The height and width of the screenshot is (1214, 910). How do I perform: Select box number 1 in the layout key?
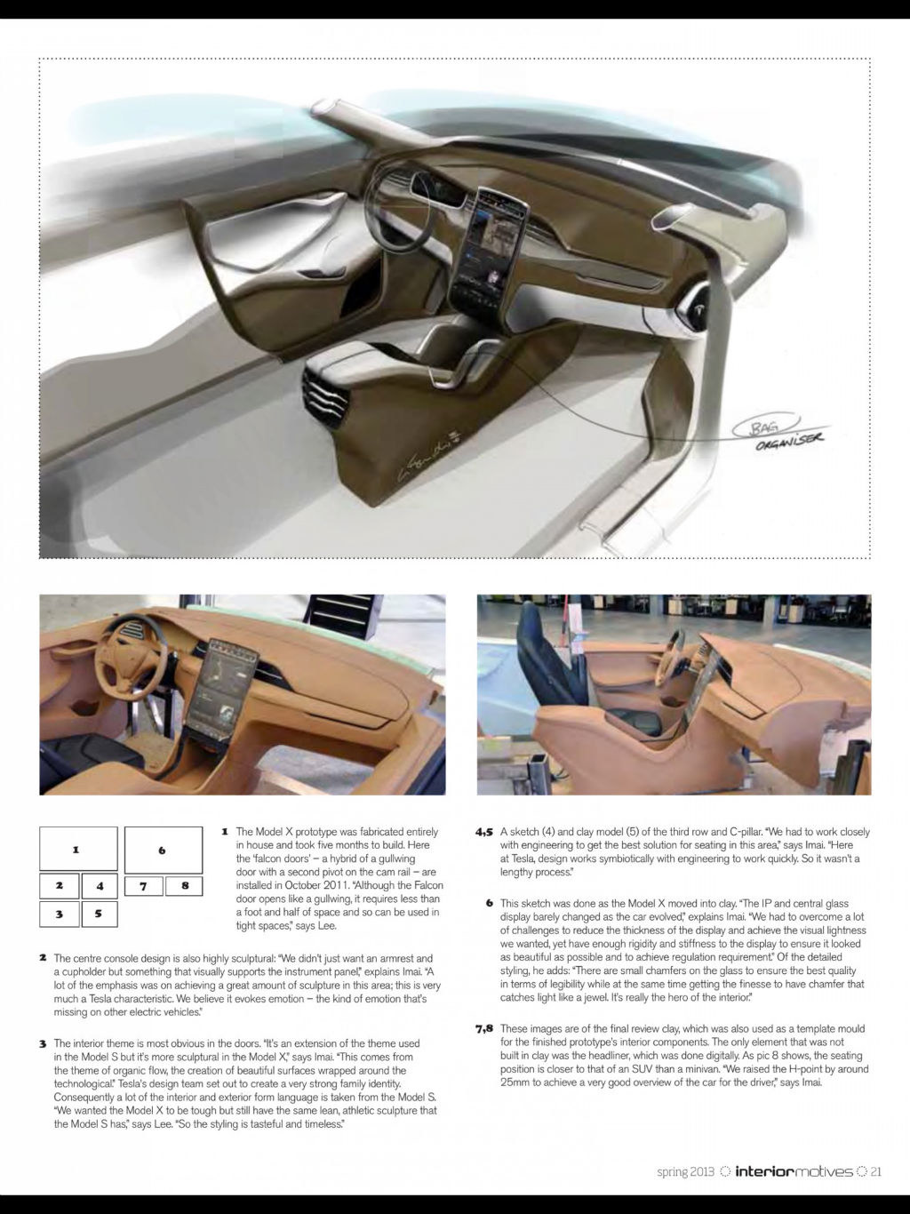78,849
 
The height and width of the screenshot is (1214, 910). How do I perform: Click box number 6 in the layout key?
163,850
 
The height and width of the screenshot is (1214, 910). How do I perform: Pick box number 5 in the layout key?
99,913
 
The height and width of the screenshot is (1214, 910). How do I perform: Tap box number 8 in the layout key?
185,885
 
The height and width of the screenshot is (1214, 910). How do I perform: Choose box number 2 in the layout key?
59,885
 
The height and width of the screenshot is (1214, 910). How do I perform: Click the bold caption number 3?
43,1043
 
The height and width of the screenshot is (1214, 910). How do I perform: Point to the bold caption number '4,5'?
483,833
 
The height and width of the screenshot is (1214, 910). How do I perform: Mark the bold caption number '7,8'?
483,1029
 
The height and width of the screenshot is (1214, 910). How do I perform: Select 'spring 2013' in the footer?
685,1171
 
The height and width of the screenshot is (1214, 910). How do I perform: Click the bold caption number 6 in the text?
490,903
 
